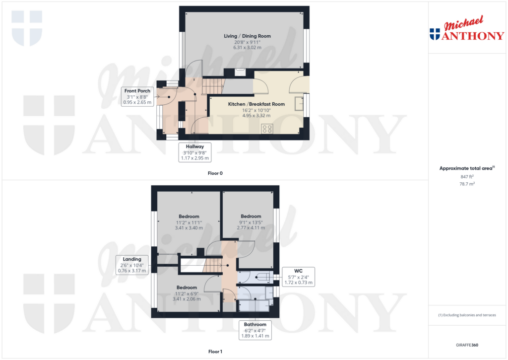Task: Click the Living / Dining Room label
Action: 247,36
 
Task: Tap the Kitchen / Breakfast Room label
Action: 256,104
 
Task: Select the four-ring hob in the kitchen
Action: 267,128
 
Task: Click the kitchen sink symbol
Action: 299,103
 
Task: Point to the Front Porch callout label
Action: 137,91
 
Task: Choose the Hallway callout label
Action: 195,146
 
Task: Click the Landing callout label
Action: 132,259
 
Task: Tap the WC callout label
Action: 299,271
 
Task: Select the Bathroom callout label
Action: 255,324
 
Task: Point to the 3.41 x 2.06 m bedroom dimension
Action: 187,299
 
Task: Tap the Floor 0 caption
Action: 215,173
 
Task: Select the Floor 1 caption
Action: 215,352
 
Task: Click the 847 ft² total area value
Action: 467,176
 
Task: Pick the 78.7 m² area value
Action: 467,184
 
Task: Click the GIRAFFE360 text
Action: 467,345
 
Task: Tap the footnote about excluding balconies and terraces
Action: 467,315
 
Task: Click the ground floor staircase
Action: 213,86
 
